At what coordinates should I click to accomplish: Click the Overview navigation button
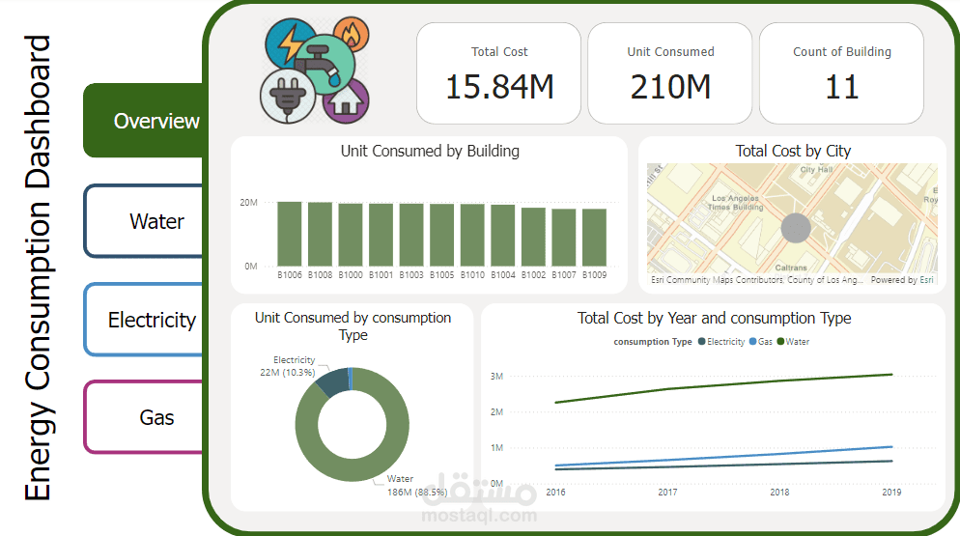click(155, 121)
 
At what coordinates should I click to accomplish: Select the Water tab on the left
click(155, 221)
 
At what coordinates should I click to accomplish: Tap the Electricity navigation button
click(152, 320)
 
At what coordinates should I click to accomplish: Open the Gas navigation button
click(155, 417)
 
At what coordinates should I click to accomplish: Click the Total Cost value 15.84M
click(499, 87)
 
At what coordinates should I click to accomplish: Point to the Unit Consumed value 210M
click(670, 87)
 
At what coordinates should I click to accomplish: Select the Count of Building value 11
click(841, 87)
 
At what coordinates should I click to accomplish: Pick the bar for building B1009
click(595, 238)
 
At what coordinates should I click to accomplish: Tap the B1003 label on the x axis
click(411, 275)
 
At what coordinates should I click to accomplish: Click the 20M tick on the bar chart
click(249, 203)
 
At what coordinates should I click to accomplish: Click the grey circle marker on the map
click(795, 229)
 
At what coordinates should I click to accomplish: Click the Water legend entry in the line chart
click(797, 342)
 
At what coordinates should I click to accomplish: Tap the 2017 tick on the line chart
click(667, 493)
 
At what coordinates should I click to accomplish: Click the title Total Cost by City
click(793, 151)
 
